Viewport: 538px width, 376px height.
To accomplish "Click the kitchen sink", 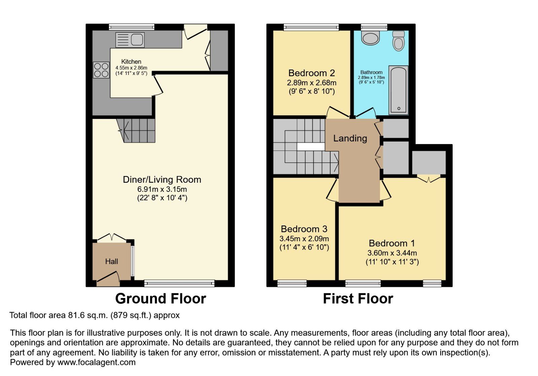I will pyautogui.click(x=130, y=40).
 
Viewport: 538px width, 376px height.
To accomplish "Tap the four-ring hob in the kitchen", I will pyautogui.click(x=101, y=70).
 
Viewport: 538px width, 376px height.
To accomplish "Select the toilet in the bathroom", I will pyautogui.click(x=399, y=41).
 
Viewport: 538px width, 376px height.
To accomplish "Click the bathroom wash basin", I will pyautogui.click(x=370, y=37).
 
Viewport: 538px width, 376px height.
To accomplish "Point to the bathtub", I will pyautogui.click(x=399, y=90).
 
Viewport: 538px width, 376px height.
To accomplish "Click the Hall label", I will pyautogui.click(x=112, y=261).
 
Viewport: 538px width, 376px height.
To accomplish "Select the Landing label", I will pyautogui.click(x=350, y=138).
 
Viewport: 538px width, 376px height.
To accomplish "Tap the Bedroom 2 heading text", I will pyautogui.click(x=312, y=73).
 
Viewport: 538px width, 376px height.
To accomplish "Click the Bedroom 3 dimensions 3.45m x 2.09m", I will pyautogui.click(x=304, y=239).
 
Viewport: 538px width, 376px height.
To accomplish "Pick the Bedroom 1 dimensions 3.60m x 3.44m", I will pyautogui.click(x=392, y=253).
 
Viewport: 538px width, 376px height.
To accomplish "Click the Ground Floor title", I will pyautogui.click(x=160, y=298).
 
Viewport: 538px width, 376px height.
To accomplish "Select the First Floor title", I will pyautogui.click(x=358, y=298).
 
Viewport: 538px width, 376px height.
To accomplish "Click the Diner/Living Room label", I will pyautogui.click(x=162, y=179).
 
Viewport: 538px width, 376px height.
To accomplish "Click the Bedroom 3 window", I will pyautogui.click(x=292, y=283).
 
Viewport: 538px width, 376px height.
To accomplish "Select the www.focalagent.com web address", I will pyautogui.click(x=97, y=362).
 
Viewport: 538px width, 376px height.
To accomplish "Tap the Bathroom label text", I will pyautogui.click(x=371, y=72).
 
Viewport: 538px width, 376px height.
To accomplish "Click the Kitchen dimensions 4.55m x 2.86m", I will pyautogui.click(x=131, y=68).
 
